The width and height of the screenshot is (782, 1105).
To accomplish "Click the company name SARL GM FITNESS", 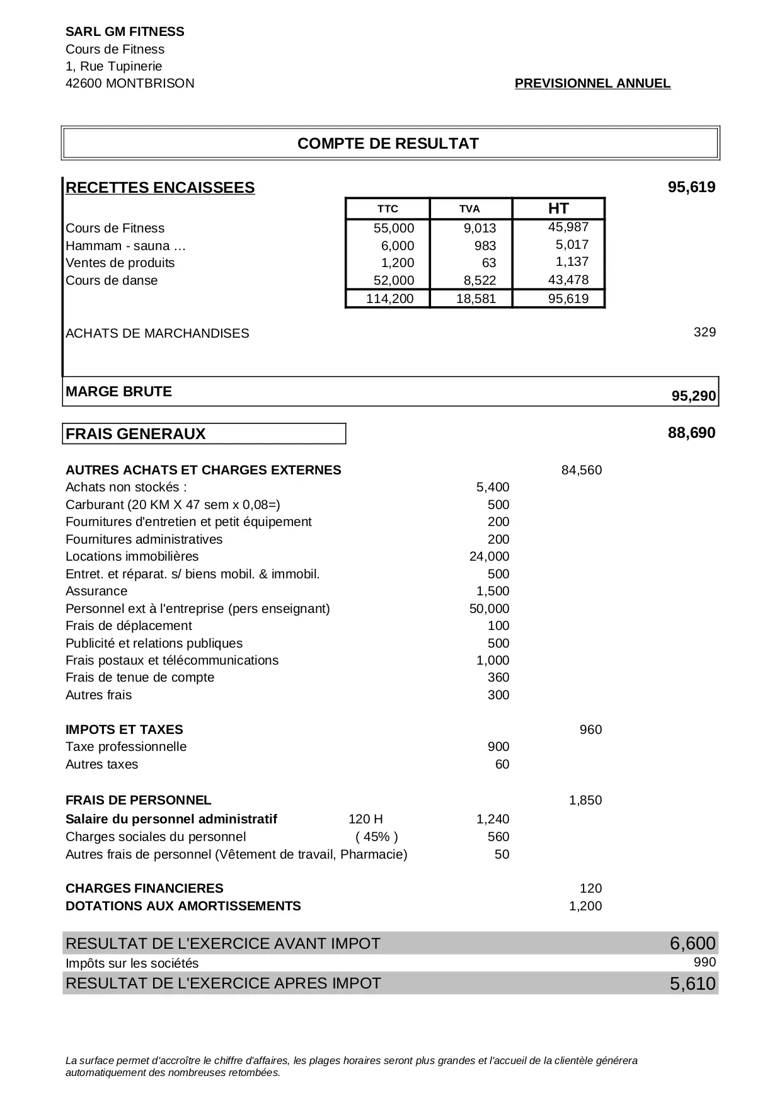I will (x=125, y=31).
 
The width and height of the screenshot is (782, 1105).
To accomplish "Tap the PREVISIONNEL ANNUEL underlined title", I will (x=592, y=83).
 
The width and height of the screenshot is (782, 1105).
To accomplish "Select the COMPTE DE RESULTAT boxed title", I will (x=388, y=144).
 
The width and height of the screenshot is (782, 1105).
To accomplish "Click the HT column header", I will (x=558, y=209).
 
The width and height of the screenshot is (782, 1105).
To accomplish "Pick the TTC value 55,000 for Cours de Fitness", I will (x=394, y=228).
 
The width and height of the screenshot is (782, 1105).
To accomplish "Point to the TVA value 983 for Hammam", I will (x=485, y=246).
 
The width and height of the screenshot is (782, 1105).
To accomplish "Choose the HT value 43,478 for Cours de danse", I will (x=568, y=280).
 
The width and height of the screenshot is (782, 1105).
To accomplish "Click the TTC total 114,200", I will (x=390, y=299).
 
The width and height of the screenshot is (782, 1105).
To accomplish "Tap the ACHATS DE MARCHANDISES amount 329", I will (x=704, y=332).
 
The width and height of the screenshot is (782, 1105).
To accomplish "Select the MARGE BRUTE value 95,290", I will (x=694, y=396).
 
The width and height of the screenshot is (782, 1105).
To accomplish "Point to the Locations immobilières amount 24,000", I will (x=489, y=556).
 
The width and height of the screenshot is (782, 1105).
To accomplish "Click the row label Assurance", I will (x=96, y=591).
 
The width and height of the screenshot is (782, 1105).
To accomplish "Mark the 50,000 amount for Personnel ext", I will (x=489, y=609).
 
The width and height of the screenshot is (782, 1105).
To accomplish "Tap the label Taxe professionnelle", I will (x=126, y=747).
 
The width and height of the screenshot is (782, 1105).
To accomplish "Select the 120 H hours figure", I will (x=365, y=819).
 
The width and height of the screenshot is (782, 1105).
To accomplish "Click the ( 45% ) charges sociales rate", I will (x=377, y=837).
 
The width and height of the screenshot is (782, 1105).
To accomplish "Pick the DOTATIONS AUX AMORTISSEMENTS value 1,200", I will (x=585, y=906).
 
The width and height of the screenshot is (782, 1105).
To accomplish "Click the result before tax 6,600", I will (x=693, y=943).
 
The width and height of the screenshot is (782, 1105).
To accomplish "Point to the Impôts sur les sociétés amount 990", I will (x=704, y=962).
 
